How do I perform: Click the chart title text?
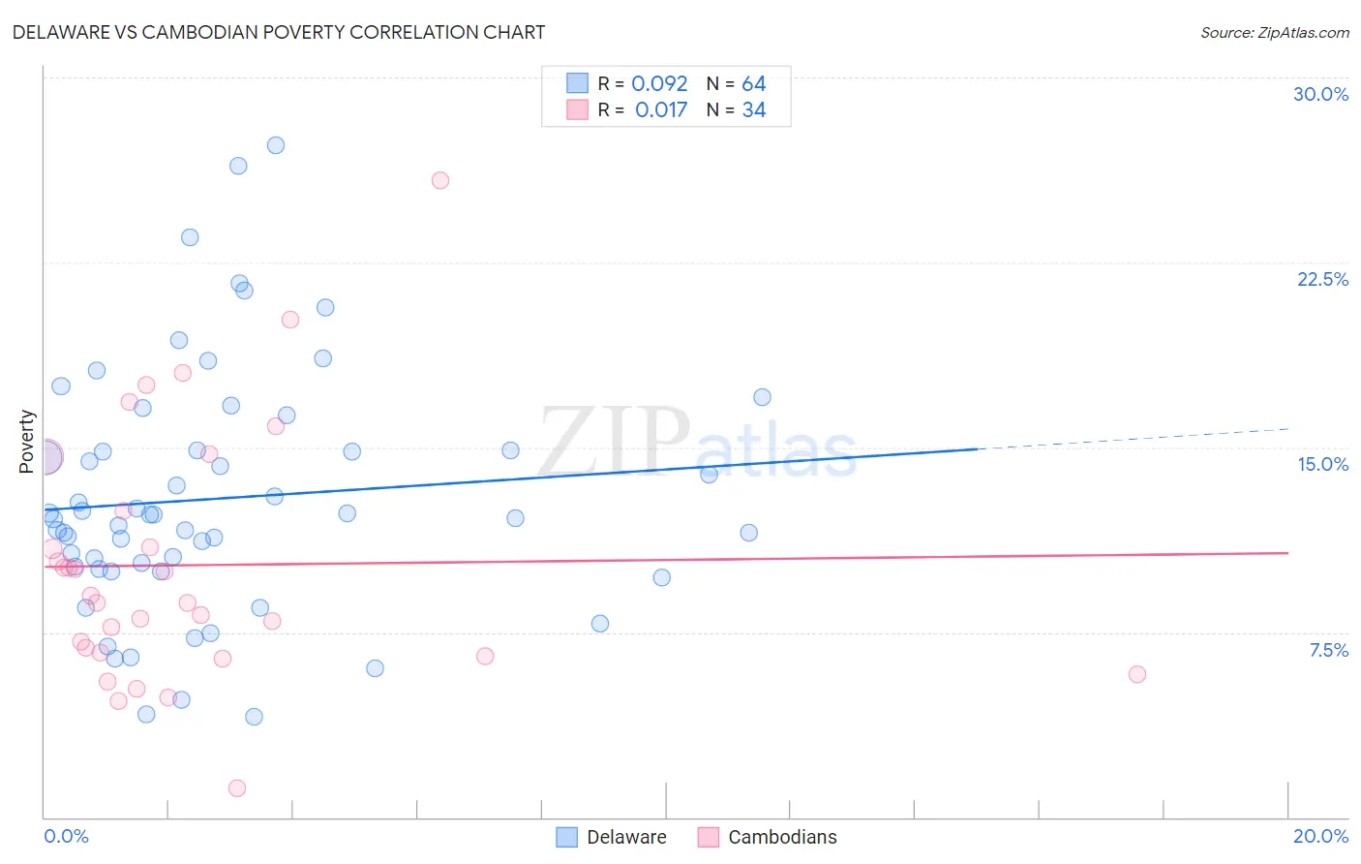coord(279,32)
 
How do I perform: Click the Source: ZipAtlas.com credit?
coord(1274,32)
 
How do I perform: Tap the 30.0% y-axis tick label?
coord(1320,94)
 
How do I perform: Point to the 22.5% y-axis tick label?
coord(1322,279)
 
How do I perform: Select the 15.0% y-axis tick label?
coord(1322,464)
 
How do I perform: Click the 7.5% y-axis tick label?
coord(1328,650)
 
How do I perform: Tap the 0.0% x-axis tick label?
coord(66,836)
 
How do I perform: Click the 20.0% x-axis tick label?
coord(1320,836)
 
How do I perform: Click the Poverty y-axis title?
coord(26,442)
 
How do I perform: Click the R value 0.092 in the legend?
coord(659,83)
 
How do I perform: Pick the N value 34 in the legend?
coord(754,109)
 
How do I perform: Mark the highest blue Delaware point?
coord(276,145)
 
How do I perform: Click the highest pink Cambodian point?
coord(440,180)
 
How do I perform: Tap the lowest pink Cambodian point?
coord(237,788)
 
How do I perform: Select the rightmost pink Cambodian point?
coord(1137,674)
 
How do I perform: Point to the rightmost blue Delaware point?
coord(762,397)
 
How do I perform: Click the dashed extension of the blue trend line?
coord(1133,439)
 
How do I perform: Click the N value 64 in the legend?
coord(754,83)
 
